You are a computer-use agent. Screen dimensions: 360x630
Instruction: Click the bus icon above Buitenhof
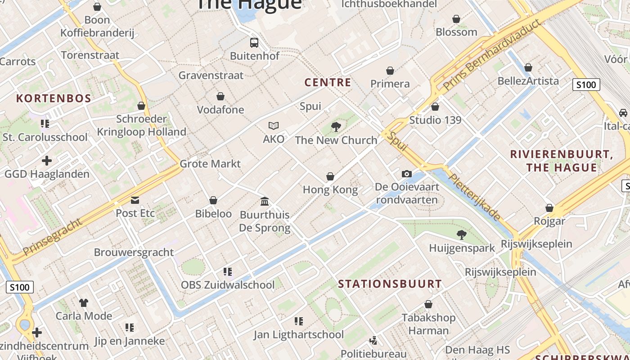[254, 43]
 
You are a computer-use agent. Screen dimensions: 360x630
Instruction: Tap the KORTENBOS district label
[54, 99]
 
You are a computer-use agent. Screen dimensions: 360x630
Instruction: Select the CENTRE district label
[328, 82]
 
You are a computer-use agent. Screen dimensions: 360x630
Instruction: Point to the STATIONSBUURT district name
[390, 284]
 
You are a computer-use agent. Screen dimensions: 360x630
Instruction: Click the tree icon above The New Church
[336, 127]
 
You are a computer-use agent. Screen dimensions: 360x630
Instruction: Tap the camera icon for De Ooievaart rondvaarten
[406, 174]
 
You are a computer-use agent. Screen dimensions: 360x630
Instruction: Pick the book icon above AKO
[274, 126]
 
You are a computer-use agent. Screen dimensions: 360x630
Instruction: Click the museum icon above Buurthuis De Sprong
[265, 201]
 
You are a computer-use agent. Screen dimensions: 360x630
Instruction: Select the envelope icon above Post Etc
[135, 200]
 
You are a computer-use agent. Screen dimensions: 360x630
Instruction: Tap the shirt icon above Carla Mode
[84, 302]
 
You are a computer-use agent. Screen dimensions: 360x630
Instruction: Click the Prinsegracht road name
[53, 237]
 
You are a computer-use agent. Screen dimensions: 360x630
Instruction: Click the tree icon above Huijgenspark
[461, 234]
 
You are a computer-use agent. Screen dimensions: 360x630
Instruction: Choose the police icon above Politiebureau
[373, 341]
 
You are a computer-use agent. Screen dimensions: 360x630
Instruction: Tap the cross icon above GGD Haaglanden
[47, 161]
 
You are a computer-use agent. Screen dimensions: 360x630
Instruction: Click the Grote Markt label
[210, 164]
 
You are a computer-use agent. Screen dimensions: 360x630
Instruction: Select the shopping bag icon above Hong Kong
[330, 177]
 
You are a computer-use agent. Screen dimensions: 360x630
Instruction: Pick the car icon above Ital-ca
[623, 113]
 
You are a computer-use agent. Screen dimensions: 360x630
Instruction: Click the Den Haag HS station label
[477, 350]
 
